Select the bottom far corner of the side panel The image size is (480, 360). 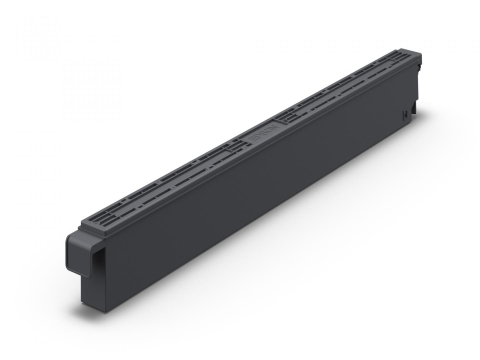411,126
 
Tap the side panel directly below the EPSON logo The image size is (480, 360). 262,180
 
